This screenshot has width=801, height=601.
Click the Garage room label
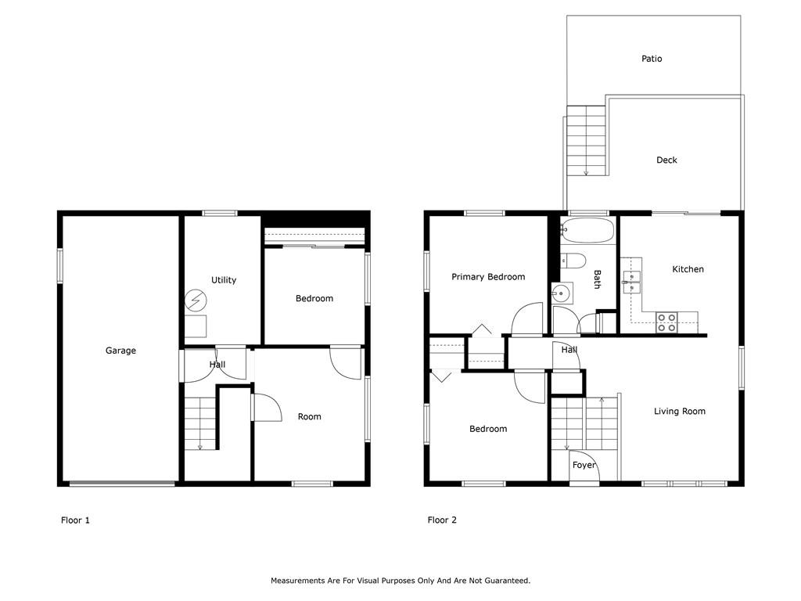click(x=120, y=351)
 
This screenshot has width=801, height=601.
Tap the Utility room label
click(x=224, y=280)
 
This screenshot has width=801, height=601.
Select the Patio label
click(x=652, y=59)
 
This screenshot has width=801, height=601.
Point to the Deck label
click(x=666, y=160)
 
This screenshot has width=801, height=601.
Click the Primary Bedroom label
click(x=488, y=277)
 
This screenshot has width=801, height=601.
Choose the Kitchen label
click(x=688, y=269)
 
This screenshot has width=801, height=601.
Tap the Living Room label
click(x=680, y=412)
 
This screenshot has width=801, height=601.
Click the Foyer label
click(x=584, y=465)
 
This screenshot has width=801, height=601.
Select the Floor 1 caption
click(x=75, y=520)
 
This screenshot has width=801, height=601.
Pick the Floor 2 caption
click(x=442, y=520)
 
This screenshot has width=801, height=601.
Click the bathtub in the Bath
click(x=587, y=231)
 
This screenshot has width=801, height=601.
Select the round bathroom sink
click(x=560, y=294)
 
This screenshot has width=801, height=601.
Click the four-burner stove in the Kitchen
click(x=666, y=322)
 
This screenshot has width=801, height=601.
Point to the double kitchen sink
click(x=631, y=282)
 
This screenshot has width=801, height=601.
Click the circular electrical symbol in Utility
click(x=196, y=300)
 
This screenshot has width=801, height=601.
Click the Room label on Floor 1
click(x=310, y=417)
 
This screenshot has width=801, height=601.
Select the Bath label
click(x=597, y=279)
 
